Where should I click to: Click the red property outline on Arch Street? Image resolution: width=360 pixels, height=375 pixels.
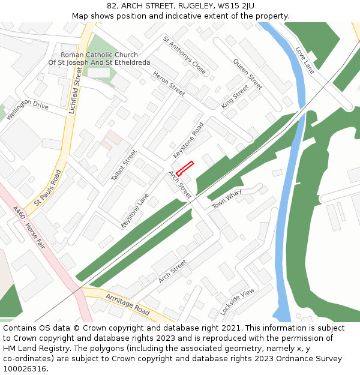click(x=185, y=169)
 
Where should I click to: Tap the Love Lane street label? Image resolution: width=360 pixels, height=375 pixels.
click(x=305, y=57)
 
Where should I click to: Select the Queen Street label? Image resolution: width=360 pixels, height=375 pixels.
click(x=248, y=74)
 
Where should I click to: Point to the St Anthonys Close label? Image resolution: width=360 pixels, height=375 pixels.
click(x=185, y=55)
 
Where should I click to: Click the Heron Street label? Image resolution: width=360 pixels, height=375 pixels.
click(x=169, y=84)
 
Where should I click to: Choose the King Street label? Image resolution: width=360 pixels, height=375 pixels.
click(x=235, y=97)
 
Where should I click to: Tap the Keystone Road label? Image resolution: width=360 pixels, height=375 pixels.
click(x=188, y=140)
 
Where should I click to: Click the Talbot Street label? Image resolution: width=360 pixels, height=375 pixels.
click(x=124, y=165)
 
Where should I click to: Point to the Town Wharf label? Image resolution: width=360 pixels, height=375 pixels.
click(x=226, y=200)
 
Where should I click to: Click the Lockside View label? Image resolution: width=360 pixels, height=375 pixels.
click(x=237, y=302)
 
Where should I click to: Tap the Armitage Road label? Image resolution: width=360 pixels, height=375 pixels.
click(x=127, y=305)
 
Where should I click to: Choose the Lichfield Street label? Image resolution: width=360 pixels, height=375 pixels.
click(x=75, y=90)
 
